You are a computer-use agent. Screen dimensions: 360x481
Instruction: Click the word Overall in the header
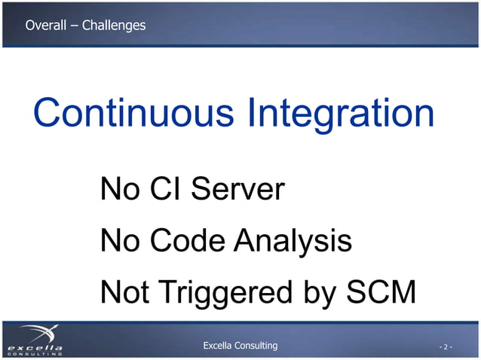coord(45,26)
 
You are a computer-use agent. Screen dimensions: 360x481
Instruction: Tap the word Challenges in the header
coord(114,26)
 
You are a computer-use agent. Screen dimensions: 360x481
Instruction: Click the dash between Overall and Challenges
coord(74,26)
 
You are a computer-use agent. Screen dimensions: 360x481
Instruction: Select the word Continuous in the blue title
coord(134,113)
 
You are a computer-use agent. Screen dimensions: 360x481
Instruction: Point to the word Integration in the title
coord(341,114)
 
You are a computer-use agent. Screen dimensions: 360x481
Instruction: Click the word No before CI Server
coord(119,189)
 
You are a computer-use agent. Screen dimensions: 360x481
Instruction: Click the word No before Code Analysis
coord(119,241)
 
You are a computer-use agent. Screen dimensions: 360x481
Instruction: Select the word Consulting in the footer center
coord(259,346)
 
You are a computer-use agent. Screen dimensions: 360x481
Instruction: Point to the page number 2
coord(446,347)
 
